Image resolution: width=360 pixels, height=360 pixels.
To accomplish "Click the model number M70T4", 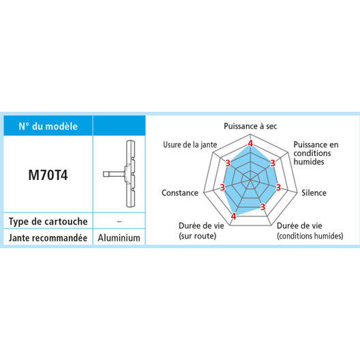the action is click(x=48, y=175).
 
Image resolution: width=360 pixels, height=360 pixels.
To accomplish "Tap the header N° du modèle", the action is click(x=48, y=127).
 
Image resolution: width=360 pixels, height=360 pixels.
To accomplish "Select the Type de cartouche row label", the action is click(x=48, y=222).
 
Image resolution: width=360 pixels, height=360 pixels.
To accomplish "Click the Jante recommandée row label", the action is click(x=48, y=238).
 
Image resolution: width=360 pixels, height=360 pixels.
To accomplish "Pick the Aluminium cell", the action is click(x=119, y=238).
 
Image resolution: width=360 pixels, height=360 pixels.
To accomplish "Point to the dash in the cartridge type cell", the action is click(x=119, y=222).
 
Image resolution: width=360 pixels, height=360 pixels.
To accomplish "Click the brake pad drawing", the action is click(x=119, y=174).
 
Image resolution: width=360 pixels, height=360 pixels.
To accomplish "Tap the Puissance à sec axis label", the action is click(x=250, y=126).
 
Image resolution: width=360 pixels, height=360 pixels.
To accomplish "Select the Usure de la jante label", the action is click(x=190, y=145).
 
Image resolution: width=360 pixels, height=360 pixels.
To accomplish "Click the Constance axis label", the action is click(x=180, y=193).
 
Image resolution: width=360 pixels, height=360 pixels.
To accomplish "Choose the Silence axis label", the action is click(x=314, y=193).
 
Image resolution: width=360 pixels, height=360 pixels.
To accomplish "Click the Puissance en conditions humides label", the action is click(x=316, y=153).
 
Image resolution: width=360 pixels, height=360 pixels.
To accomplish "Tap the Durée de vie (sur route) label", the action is click(x=201, y=230).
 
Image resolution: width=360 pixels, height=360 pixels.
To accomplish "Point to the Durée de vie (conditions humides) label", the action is click(x=310, y=230).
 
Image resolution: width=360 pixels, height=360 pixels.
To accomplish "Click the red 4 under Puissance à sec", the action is click(x=250, y=143).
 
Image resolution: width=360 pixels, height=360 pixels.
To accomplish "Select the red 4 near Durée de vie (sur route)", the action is click(x=233, y=216).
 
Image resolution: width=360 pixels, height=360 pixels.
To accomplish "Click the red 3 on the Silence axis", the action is click(x=278, y=187).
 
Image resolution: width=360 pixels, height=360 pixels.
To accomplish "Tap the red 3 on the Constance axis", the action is click(x=222, y=187).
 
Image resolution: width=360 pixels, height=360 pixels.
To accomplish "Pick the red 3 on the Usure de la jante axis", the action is click(x=228, y=163).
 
